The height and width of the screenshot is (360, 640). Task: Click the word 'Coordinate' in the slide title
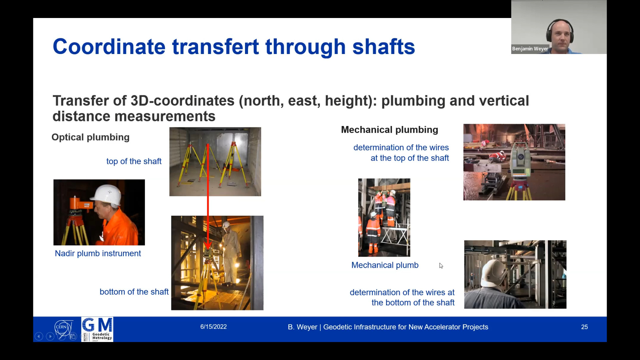point(109,46)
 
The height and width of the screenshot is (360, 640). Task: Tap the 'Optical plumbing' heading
point(90,137)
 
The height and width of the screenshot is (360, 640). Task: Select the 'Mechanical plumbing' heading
point(389,130)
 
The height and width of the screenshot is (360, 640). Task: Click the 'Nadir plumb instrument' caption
point(98,253)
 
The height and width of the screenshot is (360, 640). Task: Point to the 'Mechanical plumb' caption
point(385,265)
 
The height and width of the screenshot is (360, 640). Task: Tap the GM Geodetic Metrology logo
point(97,329)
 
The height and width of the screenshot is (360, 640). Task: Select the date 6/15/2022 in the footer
point(213,327)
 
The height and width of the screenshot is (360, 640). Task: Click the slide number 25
point(584,327)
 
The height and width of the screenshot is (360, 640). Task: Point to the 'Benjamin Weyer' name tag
point(530,49)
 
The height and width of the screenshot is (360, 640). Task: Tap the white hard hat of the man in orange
point(106,195)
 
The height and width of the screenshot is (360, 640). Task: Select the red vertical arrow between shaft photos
point(208,197)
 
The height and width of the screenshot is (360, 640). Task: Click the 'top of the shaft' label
point(134,161)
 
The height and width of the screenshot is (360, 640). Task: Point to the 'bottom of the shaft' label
point(134,292)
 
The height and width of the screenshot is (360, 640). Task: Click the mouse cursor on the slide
point(441,266)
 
